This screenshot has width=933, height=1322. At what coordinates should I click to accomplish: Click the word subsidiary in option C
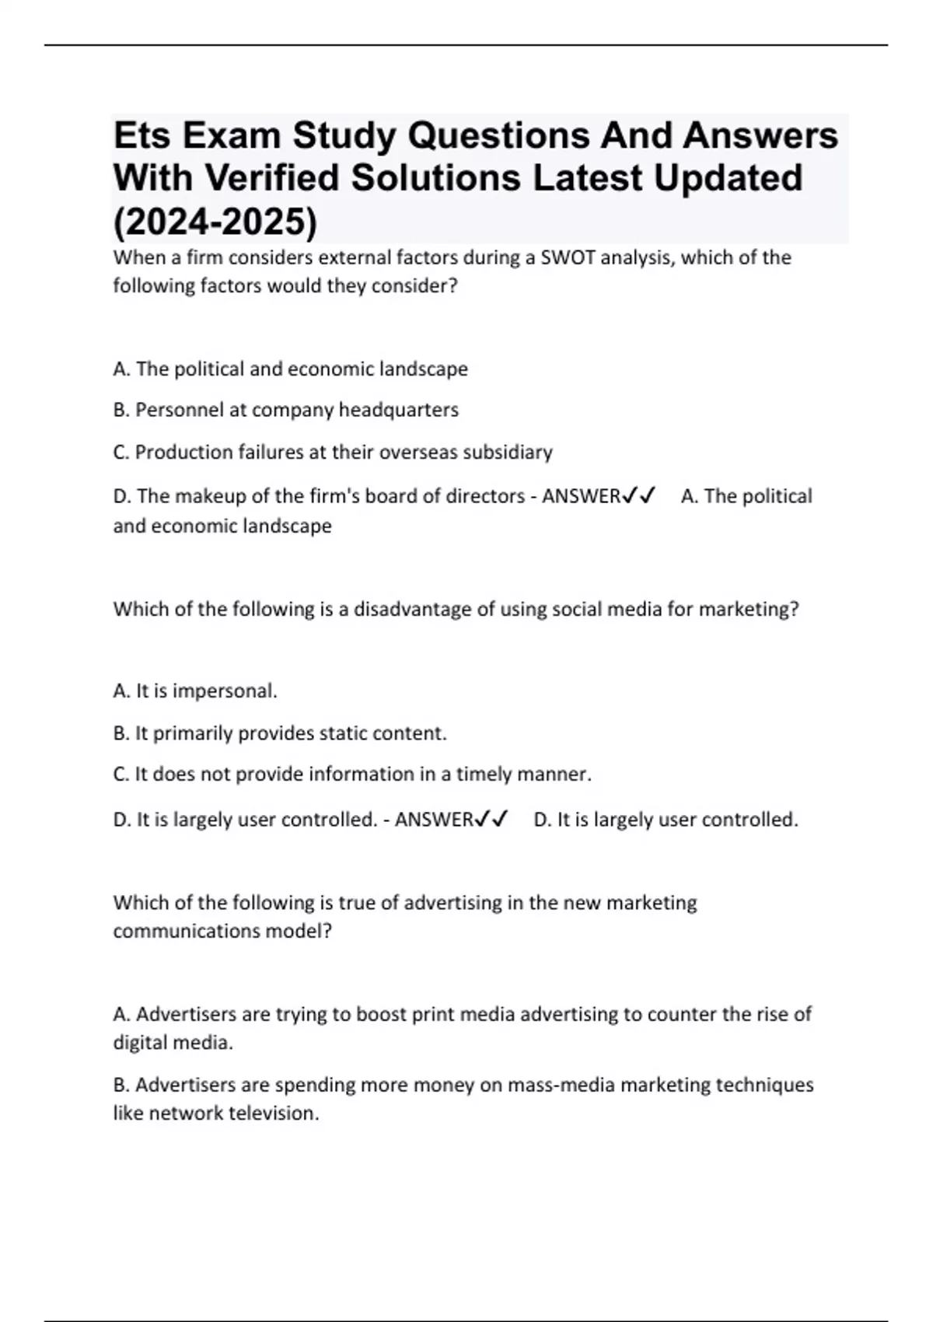coord(507,453)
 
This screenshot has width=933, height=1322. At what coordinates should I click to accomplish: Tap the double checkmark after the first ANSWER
coord(639,495)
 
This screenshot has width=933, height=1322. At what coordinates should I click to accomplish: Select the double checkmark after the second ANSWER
coord(492,819)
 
